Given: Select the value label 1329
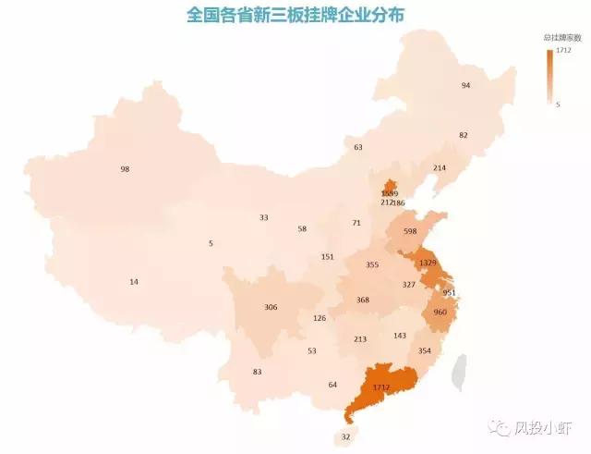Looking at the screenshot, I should (428, 263).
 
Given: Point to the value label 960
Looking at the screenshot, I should (440, 312).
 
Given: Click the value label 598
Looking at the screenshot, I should (410, 231).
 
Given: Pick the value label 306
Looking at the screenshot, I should (271, 307).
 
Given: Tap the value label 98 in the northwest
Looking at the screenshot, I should (125, 169).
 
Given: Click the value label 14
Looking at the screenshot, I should (134, 281).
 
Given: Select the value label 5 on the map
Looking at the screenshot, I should (211, 243).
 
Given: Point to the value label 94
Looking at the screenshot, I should (465, 85).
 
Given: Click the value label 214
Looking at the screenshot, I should (439, 167).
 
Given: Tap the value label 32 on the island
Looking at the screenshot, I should (346, 436).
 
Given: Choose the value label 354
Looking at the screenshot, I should (424, 350).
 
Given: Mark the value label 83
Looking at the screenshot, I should (257, 372).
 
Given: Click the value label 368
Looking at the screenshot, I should (362, 300).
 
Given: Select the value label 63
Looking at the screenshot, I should (358, 147).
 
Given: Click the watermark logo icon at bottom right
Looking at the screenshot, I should (502, 427).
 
